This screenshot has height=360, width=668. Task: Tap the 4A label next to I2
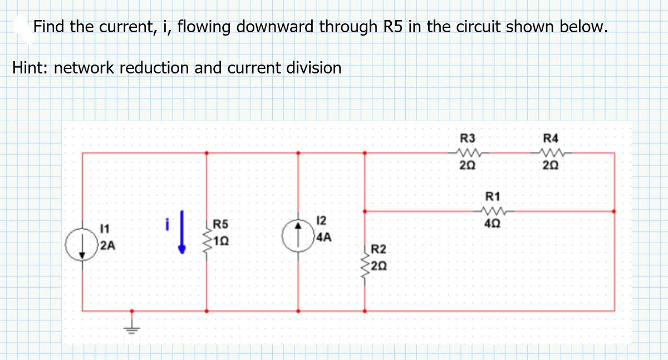[x=323, y=238]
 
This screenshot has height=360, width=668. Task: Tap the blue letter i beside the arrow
[x=166, y=224]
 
